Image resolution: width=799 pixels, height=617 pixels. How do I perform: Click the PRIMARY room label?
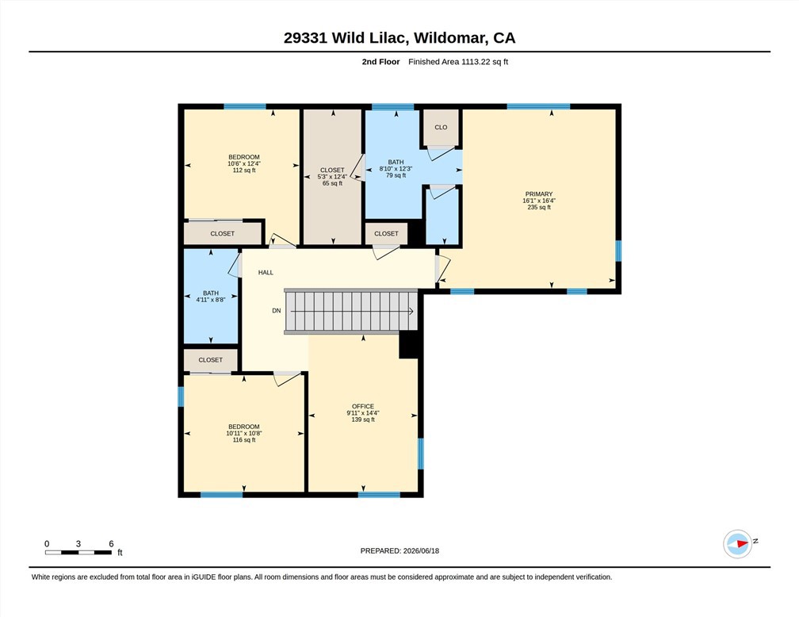pos(539,194)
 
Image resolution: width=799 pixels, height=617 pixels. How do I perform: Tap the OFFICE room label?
pos(363,406)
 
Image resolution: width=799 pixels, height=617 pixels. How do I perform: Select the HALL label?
pos(266,272)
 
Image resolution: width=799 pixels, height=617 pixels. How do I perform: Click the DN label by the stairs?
pos(276,311)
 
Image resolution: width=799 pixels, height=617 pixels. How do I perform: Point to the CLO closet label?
pos(441,128)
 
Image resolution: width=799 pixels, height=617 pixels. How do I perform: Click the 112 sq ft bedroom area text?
pos(244,171)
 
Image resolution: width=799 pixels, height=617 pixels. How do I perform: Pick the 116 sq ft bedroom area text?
pos(244,439)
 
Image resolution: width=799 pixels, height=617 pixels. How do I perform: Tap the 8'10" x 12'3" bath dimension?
pos(396,169)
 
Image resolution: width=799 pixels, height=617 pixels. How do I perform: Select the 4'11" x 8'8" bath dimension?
pos(211,300)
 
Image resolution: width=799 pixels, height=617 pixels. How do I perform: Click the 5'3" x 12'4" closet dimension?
pos(332,177)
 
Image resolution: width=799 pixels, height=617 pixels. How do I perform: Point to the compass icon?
pos(737,544)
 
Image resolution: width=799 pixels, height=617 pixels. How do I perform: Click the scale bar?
pos(78,552)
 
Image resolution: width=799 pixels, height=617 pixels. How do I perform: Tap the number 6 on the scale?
pos(111,543)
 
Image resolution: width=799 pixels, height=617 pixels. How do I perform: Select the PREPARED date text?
pos(399,550)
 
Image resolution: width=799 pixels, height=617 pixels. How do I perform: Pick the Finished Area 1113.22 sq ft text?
pos(458,62)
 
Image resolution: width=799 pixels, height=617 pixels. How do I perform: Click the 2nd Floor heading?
pos(380,62)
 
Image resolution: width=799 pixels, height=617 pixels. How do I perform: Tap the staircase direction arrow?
pos(352,311)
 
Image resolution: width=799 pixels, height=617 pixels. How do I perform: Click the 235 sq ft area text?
pos(539,207)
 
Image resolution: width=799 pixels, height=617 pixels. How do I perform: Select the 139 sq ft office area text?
pos(363,420)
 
